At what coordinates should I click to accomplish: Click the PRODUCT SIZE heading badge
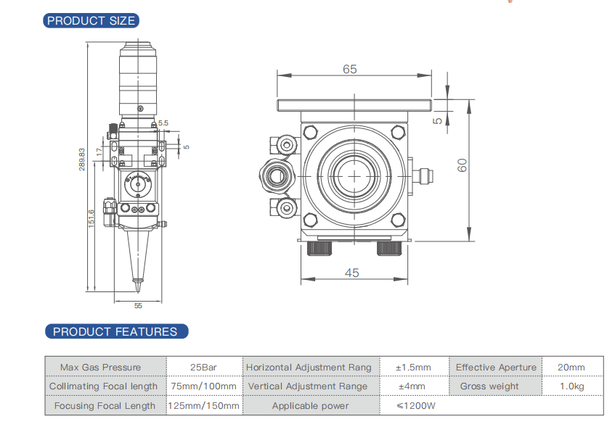91,21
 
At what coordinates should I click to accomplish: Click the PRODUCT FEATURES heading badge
115,332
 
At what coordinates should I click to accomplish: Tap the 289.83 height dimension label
82,159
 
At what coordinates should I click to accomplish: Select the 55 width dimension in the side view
139,305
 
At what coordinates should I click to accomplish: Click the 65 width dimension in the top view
350,70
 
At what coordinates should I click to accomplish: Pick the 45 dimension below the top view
351,273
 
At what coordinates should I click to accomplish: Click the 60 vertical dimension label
462,165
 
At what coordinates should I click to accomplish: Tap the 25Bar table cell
204,368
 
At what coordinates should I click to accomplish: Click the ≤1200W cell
415,406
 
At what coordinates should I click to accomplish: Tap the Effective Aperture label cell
496,368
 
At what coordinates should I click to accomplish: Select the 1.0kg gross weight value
571,386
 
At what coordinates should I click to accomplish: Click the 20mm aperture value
571,368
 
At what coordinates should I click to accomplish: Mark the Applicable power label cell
310,406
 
